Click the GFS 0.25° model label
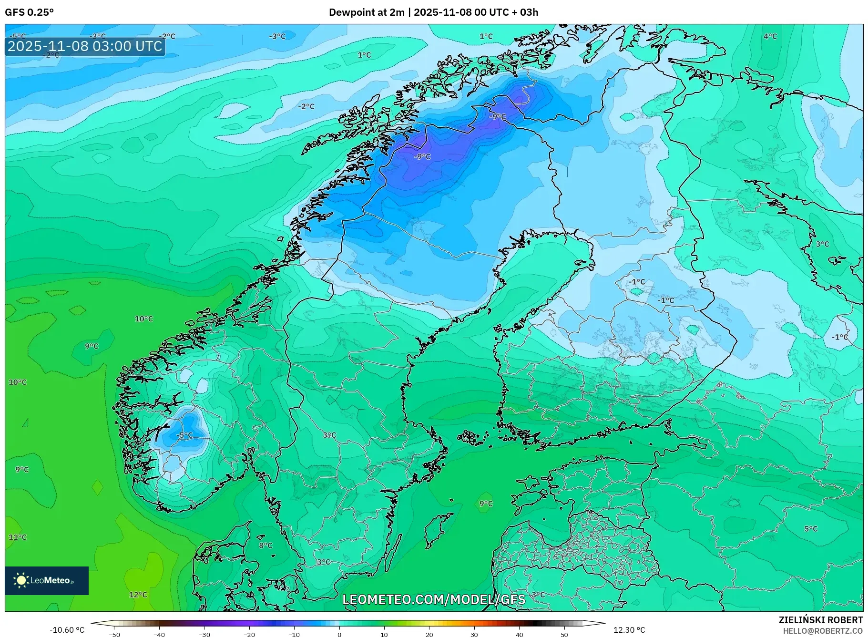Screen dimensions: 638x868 coord(29,12)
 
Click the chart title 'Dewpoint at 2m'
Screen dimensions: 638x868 coord(366,12)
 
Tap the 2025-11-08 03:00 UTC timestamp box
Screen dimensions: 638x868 coord(85,46)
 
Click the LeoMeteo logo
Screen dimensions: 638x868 coord(47,580)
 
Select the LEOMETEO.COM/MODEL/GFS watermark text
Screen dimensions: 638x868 coord(434,599)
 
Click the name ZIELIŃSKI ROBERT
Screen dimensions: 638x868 coord(820,620)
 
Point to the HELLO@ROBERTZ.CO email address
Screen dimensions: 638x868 coord(822,631)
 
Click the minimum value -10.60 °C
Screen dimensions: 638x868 coord(67,630)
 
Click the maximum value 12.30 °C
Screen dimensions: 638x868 coord(629,630)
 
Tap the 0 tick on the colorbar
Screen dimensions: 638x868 coord(339,635)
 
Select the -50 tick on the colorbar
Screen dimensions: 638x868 coord(114,635)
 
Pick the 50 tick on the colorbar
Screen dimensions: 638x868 coord(564,635)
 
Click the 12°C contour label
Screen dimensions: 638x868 coord(138,595)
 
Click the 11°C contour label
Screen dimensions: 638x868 coord(18,537)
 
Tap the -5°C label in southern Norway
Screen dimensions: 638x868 coord(184,435)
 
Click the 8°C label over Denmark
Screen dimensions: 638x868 coord(266,545)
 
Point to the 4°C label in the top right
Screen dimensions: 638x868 coord(770,36)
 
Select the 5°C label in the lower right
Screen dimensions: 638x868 coord(810,529)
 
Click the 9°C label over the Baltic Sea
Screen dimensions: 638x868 coord(486,504)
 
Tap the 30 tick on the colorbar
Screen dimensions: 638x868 coord(474,635)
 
